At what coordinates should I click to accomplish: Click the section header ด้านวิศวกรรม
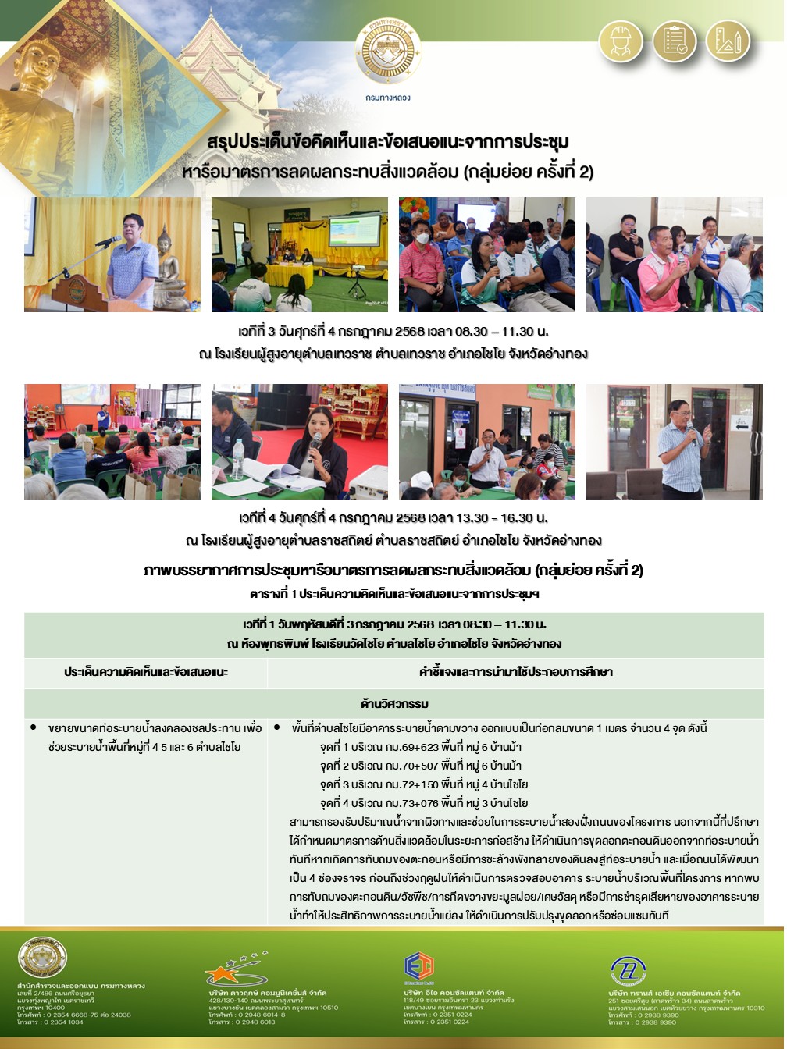[x=394, y=704]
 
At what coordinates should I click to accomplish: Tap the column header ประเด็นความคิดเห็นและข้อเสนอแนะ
[x=146, y=672]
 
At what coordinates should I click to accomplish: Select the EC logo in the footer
[x=418, y=967]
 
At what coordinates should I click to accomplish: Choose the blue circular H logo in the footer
[x=628, y=970]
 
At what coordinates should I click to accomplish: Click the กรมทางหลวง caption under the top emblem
[x=388, y=98]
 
